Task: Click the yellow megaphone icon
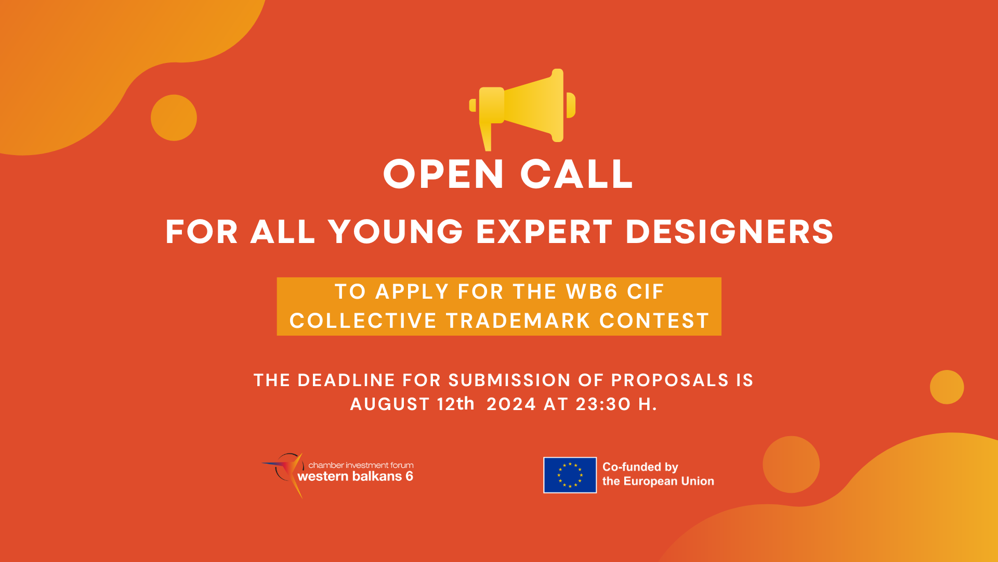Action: pyautogui.click(x=522, y=109)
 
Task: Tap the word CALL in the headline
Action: pyautogui.click(x=576, y=174)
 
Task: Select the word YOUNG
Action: pyautogui.click(x=396, y=232)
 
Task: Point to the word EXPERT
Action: pyautogui.click(x=544, y=232)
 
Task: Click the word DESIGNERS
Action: pyautogui.click(x=730, y=232)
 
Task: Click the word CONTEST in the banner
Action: pyautogui.click(x=654, y=321)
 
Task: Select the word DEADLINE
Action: pyautogui.click(x=346, y=380)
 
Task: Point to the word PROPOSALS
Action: pyautogui.click(x=670, y=380)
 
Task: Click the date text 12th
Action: pyautogui.click(x=455, y=404)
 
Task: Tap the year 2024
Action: pyautogui.click(x=511, y=404)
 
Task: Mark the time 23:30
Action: pyautogui.click(x=603, y=404)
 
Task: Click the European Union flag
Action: pyautogui.click(x=570, y=475)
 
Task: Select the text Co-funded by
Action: pyautogui.click(x=640, y=467)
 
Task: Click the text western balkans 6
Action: pyautogui.click(x=355, y=477)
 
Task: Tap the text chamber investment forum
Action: pyautogui.click(x=361, y=465)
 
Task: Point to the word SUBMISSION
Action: pyautogui.click(x=509, y=380)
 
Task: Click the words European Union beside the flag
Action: pyautogui.click(x=668, y=481)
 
